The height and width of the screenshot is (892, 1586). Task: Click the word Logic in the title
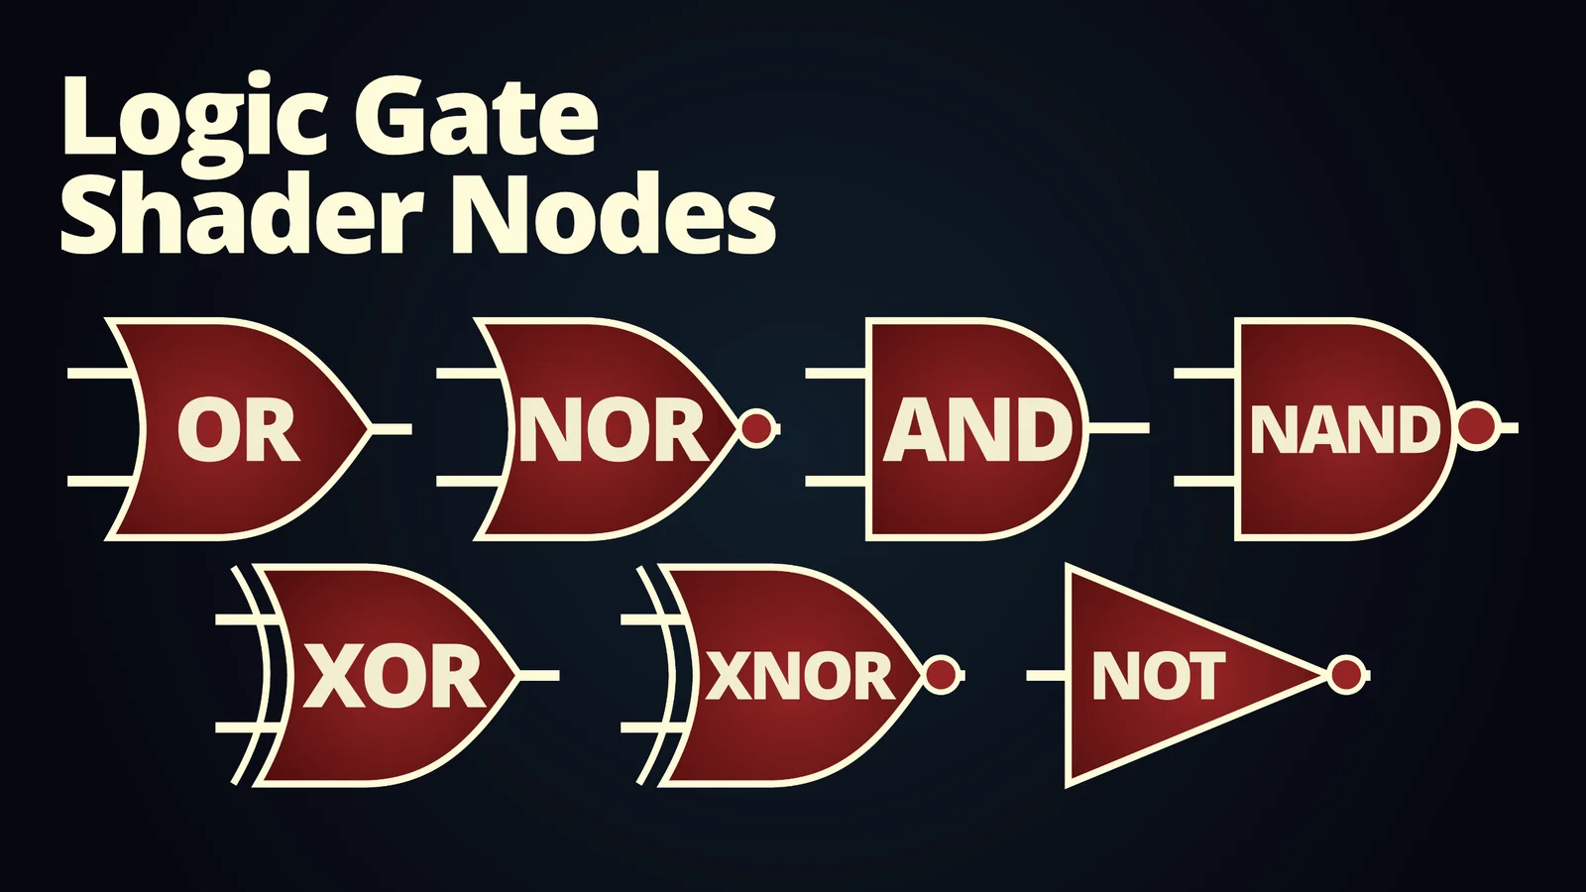[194, 117]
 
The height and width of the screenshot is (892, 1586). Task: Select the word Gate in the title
[476, 117]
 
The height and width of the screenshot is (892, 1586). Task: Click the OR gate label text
[238, 430]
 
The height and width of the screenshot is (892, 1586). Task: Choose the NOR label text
[612, 430]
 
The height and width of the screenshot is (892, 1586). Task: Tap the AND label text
[977, 430]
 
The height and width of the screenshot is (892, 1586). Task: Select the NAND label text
[1344, 430]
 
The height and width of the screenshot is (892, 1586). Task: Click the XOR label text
[394, 677]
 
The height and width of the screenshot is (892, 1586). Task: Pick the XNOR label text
[800, 677]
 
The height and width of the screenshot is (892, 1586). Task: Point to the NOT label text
[1158, 677]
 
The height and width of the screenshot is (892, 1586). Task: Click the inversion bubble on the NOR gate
[758, 428]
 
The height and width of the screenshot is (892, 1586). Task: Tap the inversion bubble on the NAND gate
[1478, 427]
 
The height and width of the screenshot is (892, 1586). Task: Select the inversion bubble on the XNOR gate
[942, 675]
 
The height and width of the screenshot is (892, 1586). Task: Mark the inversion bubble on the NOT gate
[1346, 675]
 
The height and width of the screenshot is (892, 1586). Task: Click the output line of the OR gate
[391, 428]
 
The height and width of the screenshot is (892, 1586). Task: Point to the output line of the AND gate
[1118, 428]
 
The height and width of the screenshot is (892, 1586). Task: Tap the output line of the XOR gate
[538, 675]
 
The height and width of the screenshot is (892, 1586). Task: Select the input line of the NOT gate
[1046, 675]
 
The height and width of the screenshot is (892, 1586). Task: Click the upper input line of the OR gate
[99, 374]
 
